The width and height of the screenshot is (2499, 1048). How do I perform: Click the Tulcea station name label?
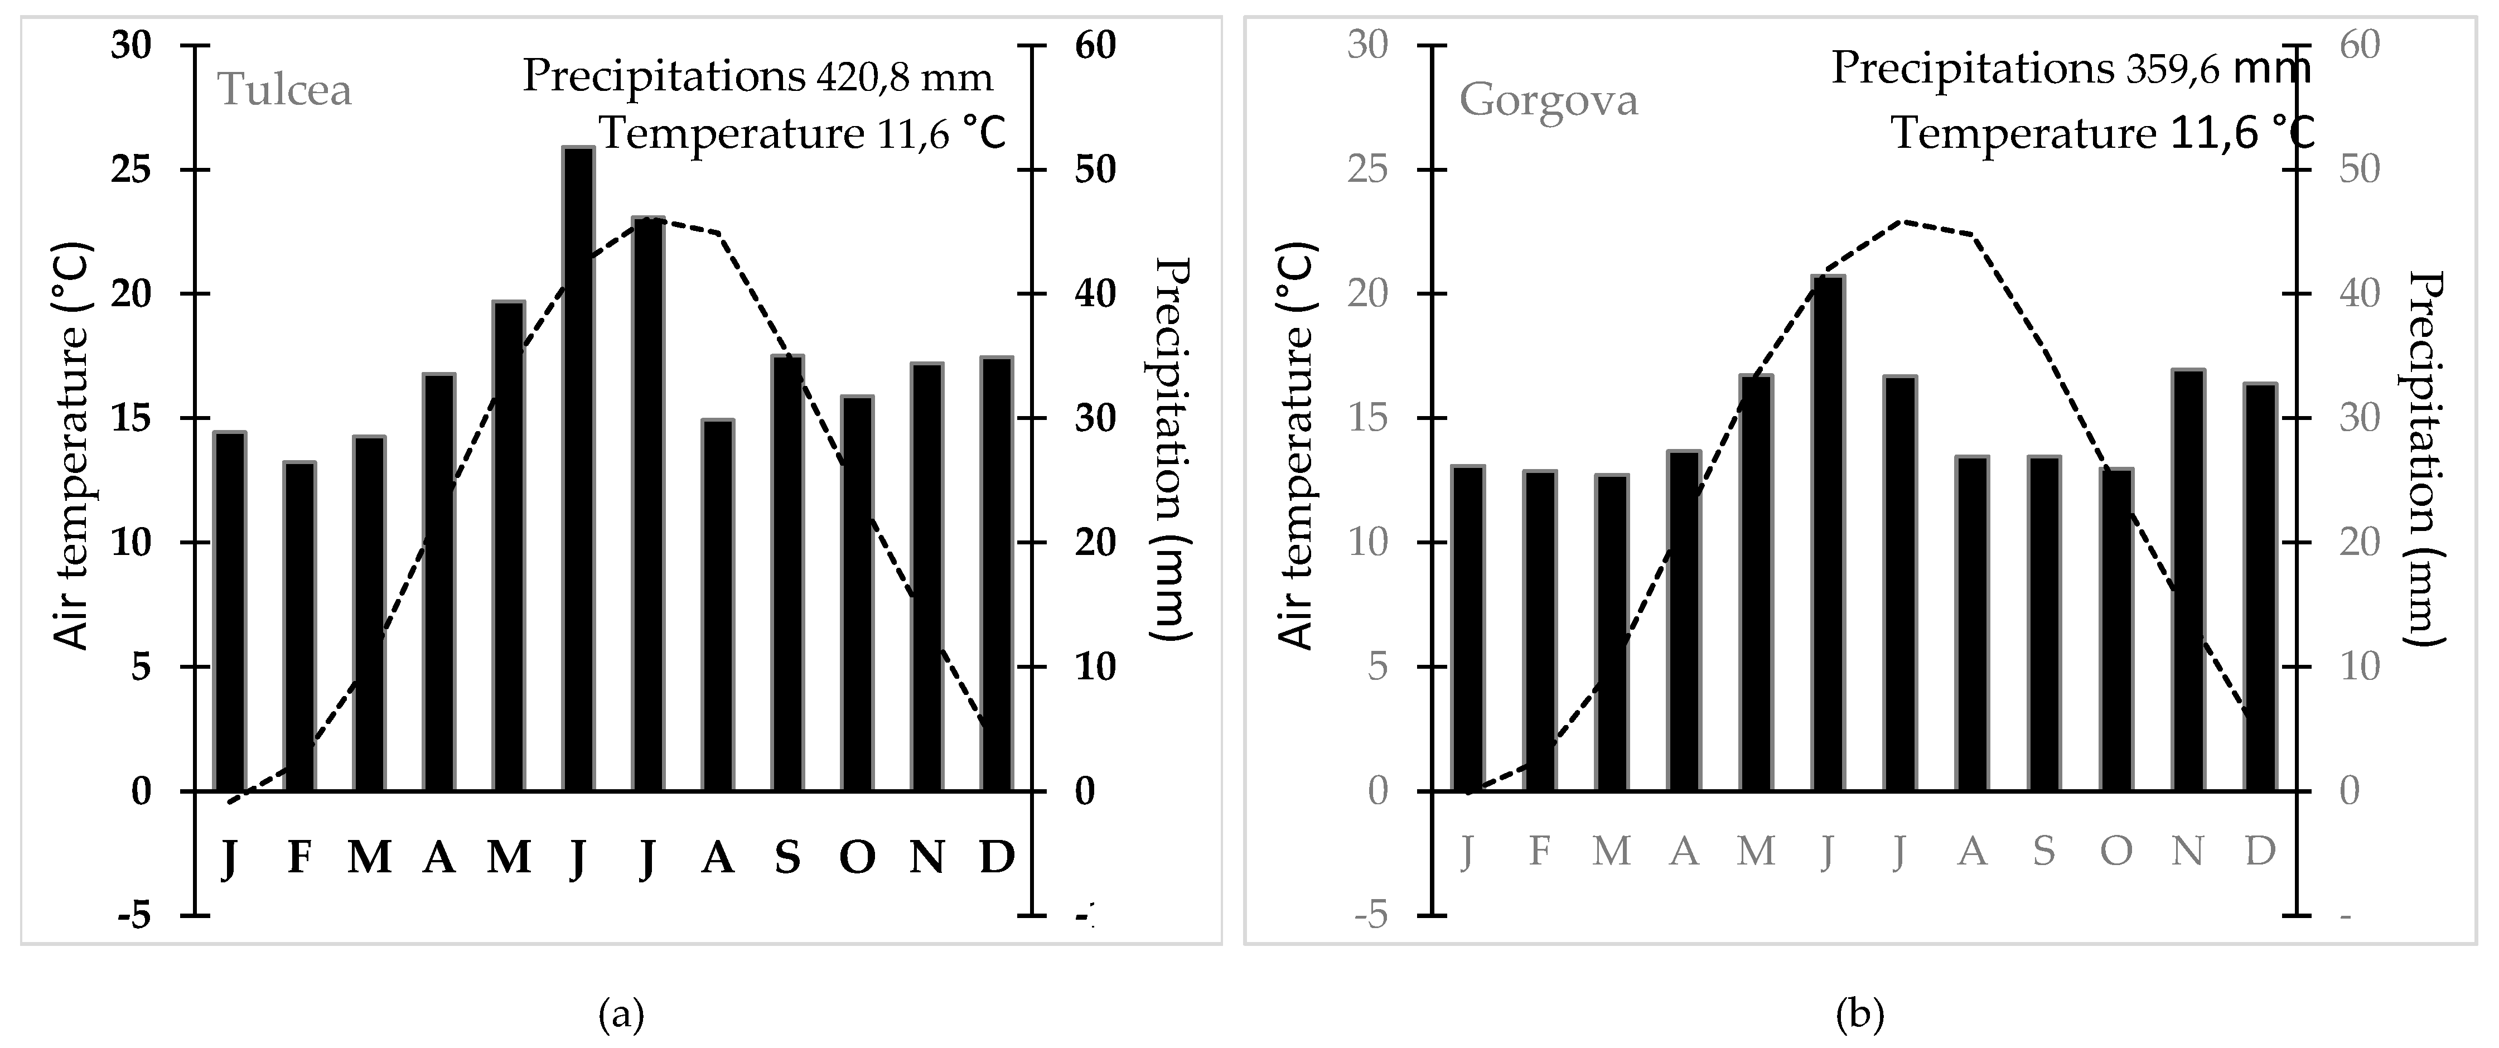(x=284, y=90)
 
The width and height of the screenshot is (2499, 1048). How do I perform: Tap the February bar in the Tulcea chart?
(x=300, y=626)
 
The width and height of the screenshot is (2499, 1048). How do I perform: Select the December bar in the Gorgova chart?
(x=2260, y=587)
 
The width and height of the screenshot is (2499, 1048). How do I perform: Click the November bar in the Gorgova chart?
(x=2188, y=580)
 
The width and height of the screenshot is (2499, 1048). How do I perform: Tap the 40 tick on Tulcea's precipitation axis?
(x=1094, y=294)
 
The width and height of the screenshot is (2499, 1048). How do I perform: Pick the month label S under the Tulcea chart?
(x=787, y=857)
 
